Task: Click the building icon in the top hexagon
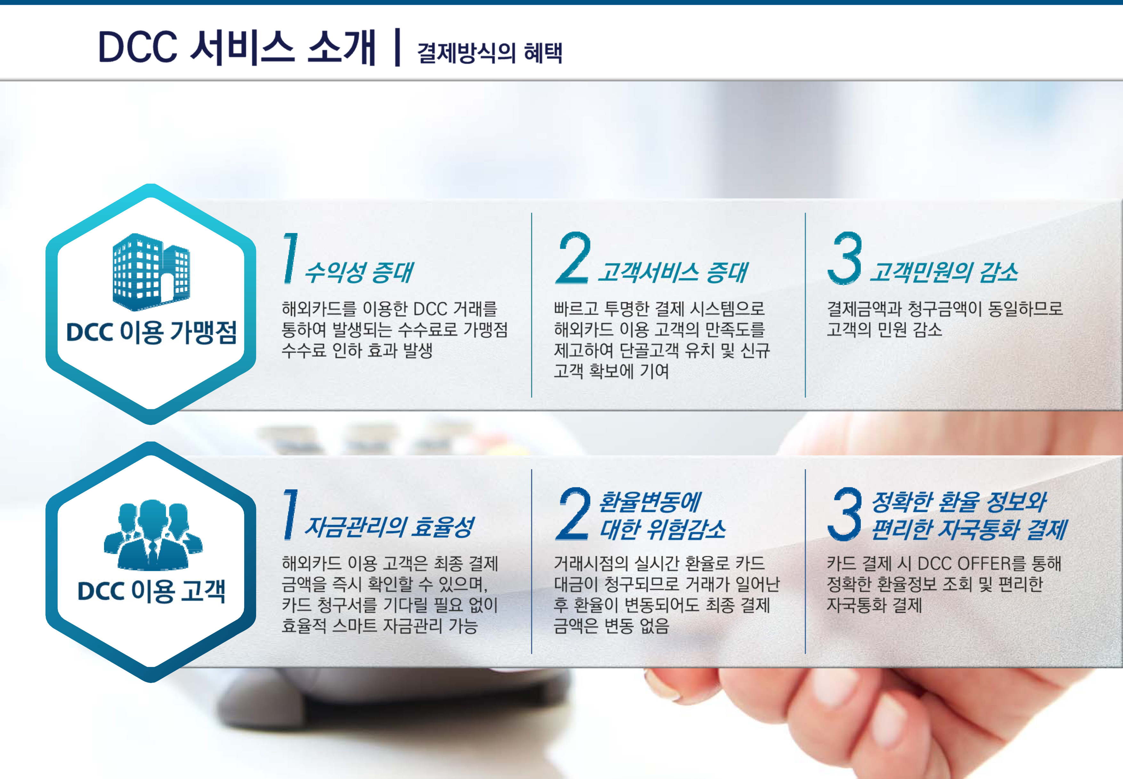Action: [x=151, y=272]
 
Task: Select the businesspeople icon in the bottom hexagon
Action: [x=153, y=534]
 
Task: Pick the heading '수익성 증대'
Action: [x=359, y=272]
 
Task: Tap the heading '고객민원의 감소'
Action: [x=944, y=272]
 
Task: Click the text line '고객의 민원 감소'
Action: [x=884, y=330]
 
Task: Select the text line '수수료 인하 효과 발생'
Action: [x=357, y=350]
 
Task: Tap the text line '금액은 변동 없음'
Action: [x=611, y=626]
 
